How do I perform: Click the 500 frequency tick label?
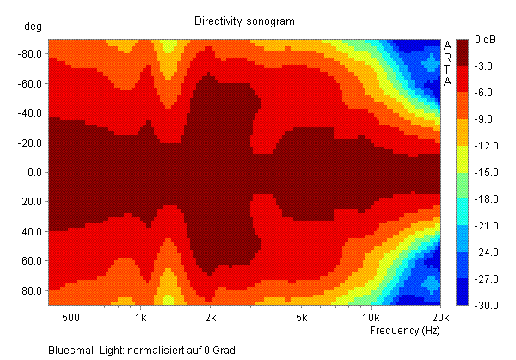pos(71,317)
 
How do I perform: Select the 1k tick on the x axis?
pos(141,317)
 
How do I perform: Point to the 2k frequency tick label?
pos(212,317)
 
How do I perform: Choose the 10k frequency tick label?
pos(371,317)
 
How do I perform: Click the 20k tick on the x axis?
pos(440,317)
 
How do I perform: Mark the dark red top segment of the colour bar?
pos(461,51)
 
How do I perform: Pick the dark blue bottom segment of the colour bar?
pos(461,292)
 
